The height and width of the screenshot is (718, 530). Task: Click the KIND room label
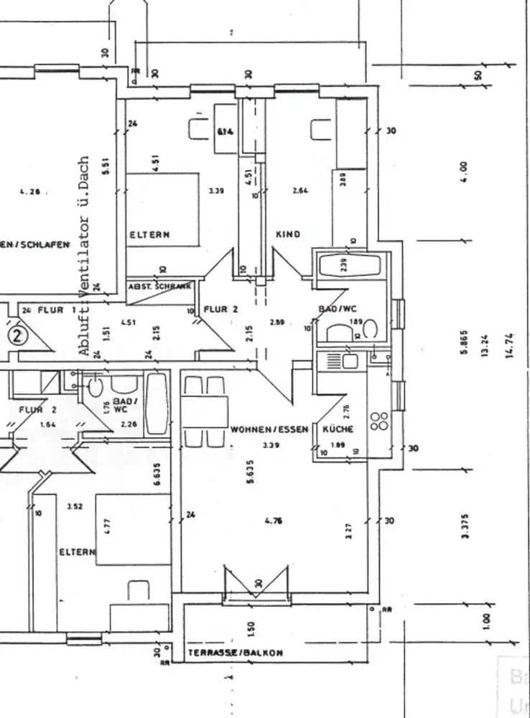287,234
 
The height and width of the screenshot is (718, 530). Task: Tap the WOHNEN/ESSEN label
269,429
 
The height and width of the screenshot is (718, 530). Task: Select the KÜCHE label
338,429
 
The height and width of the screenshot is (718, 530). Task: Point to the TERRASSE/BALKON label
235,653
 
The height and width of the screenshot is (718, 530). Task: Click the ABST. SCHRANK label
159,286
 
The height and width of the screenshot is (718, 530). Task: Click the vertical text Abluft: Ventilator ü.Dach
85,256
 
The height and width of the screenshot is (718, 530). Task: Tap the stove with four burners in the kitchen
379,421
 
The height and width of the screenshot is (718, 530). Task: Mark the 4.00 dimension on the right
464,170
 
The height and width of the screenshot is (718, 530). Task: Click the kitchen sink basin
350,361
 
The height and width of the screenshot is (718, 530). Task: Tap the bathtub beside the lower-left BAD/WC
157,404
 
